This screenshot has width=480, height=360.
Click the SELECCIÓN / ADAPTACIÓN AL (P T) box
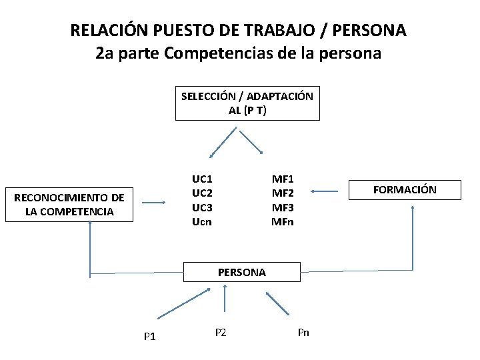pos(247,103)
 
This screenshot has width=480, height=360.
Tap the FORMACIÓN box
pos(405,190)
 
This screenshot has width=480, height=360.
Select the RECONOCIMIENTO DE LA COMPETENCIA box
pos(69,205)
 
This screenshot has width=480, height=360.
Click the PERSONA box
pos(241,272)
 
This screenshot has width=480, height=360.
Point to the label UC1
pos(202,179)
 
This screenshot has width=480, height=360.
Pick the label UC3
pos(202,207)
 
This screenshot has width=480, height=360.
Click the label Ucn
pos(202,221)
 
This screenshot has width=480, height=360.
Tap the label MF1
pos(282,179)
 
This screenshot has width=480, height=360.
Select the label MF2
pos(282,193)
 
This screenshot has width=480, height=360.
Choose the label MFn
pos(282,221)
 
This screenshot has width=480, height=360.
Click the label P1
pos(149,336)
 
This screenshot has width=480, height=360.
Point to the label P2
pos(221,332)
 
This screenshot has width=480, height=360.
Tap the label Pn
pos(303,332)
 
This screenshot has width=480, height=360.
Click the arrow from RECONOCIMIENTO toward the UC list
pos(154,203)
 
